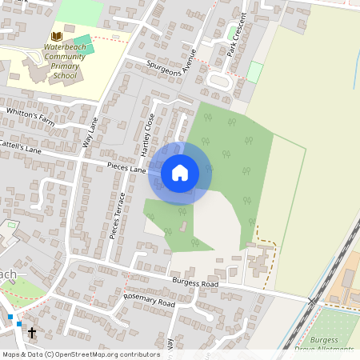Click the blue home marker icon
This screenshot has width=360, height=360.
click(x=180, y=172)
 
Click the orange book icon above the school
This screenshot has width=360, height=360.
click(x=56, y=36)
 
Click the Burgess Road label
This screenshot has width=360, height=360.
click(x=195, y=283)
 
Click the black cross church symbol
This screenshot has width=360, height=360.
click(x=33, y=332)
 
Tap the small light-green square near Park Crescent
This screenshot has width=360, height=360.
click(x=254, y=72)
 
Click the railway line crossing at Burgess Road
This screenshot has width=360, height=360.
click(x=313, y=301)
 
